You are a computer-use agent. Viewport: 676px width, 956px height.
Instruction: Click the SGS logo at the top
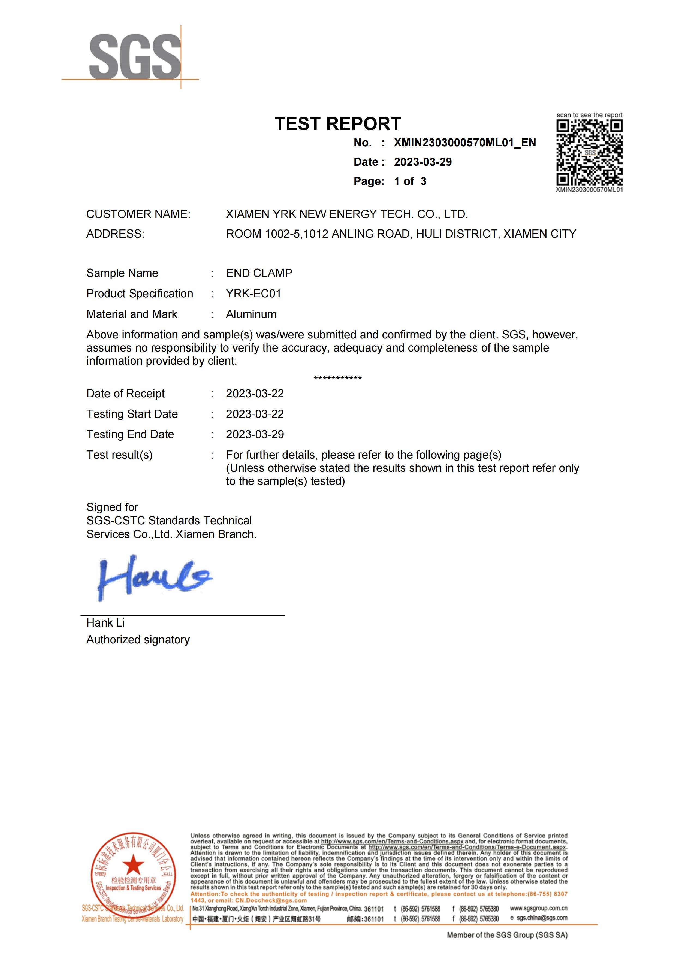point(135,57)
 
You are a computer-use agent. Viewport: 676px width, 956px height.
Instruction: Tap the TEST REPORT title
point(337,124)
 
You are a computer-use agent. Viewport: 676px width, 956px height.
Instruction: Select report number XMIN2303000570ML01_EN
point(464,143)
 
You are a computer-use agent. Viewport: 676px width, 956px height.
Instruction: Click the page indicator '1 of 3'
point(410,181)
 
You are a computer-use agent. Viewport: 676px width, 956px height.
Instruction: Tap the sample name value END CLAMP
point(259,273)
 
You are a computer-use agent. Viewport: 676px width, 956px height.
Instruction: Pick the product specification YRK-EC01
point(253,294)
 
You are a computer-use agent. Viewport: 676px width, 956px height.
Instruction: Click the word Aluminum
point(251,314)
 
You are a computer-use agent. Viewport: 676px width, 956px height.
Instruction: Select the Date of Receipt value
point(255,394)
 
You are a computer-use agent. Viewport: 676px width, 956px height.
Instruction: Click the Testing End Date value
point(255,434)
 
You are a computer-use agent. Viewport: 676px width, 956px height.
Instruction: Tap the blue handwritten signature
point(154,578)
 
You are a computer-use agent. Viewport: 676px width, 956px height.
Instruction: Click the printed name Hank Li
point(105,623)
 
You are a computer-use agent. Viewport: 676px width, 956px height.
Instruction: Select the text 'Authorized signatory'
point(138,640)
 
